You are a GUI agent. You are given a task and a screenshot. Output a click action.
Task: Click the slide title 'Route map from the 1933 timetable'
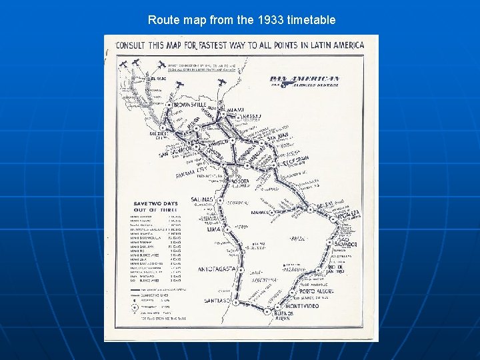tap(241, 20)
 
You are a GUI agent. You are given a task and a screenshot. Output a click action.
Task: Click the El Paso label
tap(158, 79)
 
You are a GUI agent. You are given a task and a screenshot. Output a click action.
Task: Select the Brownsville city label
tap(189, 105)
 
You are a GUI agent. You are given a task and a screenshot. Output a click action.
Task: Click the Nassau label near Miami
tap(251, 117)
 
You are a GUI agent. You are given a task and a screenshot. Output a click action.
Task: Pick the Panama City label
tap(189, 175)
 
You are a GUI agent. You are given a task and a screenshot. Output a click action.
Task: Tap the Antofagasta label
tap(217, 269)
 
